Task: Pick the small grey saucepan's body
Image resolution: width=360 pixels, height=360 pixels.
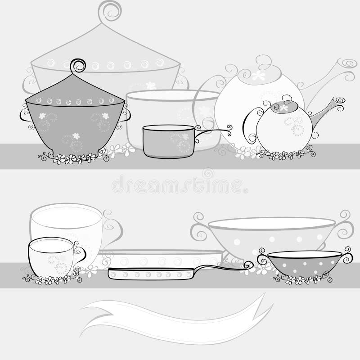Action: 167,141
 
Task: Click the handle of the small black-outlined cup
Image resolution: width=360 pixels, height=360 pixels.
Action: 80,254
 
